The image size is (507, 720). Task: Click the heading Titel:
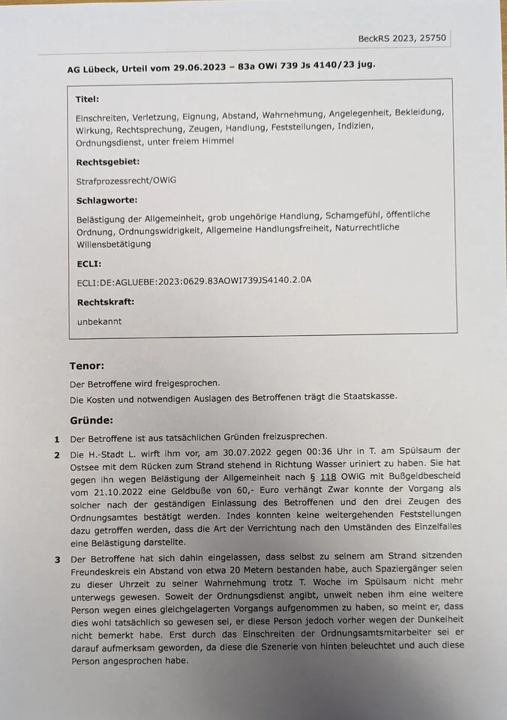(x=87, y=99)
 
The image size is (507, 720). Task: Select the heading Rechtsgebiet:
(x=108, y=162)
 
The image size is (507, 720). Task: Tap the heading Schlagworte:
(x=106, y=200)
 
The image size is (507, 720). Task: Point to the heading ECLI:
(x=88, y=264)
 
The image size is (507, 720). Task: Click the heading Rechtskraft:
(x=106, y=303)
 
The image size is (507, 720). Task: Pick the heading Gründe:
(x=91, y=420)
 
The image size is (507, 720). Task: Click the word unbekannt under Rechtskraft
(x=99, y=322)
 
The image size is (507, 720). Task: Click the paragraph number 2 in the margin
(x=57, y=455)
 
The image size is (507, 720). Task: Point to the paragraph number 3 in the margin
(x=57, y=559)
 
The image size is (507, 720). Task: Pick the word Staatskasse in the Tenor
(x=367, y=397)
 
